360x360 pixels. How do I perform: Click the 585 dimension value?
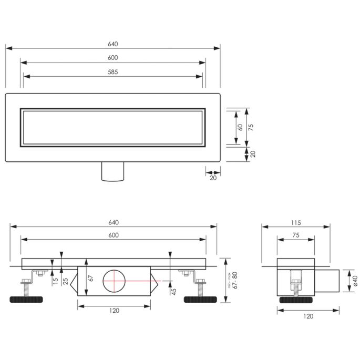[x=113, y=72]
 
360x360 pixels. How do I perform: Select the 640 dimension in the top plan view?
[x=113, y=44]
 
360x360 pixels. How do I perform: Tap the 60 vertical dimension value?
[x=240, y=127]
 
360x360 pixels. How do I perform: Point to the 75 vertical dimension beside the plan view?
[x=251, y=127]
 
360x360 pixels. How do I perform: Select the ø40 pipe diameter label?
[x=355, y=281]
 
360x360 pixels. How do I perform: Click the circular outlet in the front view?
[x=115, y=280]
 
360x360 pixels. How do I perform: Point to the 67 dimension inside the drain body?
[x=90, y=278]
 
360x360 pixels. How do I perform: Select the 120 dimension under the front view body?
[x=115, y=311]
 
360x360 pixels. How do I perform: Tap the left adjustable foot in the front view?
[x=27, y=300]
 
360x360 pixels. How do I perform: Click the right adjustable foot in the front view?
[x=200, y=300]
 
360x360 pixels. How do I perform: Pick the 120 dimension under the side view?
[x=308, y=316]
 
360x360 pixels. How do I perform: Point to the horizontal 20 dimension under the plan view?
[x=213, y=178]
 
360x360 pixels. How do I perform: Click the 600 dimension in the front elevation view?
[x=113, y=235]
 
